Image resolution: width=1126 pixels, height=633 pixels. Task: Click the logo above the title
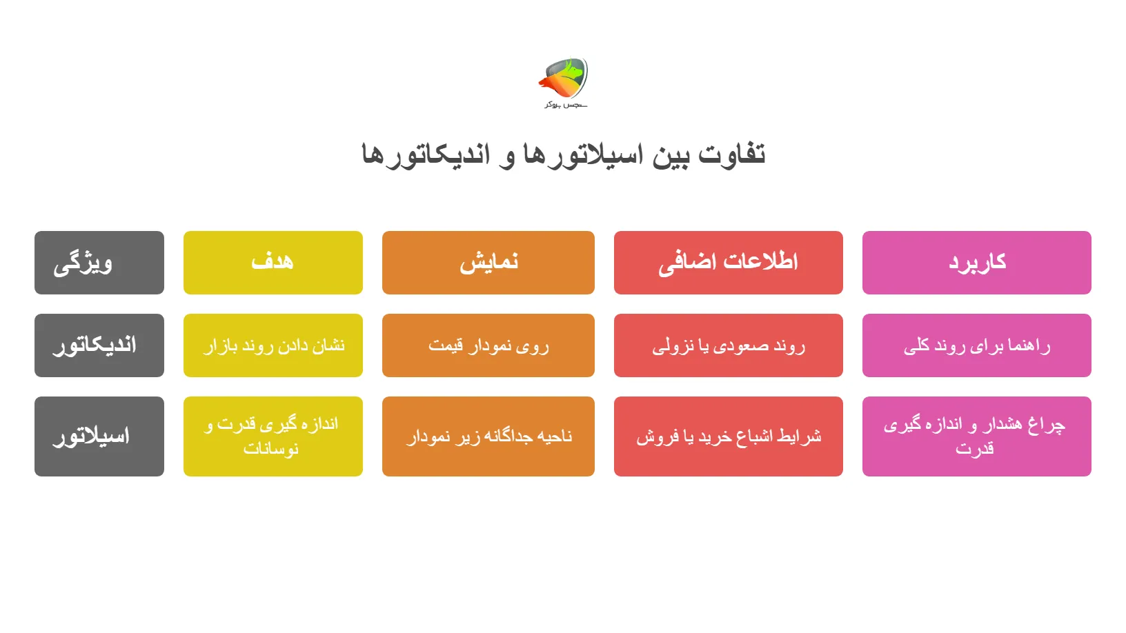pos(564,77)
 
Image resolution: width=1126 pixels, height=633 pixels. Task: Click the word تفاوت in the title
pos(731,154)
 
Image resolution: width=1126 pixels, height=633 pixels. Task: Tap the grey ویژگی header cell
pos(99,263)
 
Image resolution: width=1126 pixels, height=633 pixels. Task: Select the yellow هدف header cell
pos(273,263)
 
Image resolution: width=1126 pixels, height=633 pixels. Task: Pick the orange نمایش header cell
pos(488,263)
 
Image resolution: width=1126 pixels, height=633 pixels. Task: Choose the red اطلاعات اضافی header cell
pos(729,263)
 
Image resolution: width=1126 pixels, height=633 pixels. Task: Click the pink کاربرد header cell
pos(977,263)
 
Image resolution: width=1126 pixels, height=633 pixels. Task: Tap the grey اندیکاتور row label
pos(99,345)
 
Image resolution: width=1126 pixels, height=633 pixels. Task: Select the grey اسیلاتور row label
pos(99,436)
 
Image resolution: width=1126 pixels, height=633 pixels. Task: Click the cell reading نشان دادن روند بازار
pos(273,345)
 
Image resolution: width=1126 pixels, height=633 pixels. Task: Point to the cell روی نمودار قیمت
pos(488,345)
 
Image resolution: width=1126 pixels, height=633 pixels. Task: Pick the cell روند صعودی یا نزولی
pos(729,345)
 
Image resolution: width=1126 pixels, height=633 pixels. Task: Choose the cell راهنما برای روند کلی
pos(977,345)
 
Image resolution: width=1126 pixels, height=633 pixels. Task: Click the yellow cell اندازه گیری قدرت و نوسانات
pos(273,436)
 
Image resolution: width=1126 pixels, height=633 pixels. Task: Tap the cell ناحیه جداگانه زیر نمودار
pos(488,436)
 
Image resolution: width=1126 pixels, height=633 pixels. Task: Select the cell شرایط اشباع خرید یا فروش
pos(729,436)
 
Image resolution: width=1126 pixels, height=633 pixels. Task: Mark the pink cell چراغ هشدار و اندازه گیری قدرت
pos(977,436)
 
